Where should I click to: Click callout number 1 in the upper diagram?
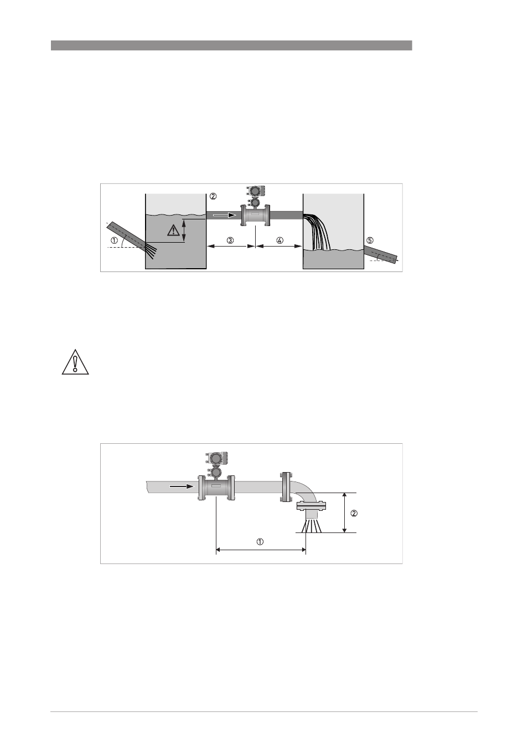pyautogui.click(x=114, y=240)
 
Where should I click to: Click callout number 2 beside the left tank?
pyautogui.click(x=213, y=196)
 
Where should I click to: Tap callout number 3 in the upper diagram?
pyautogui.click(x=230, y=240)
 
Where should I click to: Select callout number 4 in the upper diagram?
pyautogui.click(x=279, y=240)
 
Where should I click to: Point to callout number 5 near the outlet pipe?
pyautogui.click(x=370, y=240)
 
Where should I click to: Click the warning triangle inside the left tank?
pyautogui.click(x=173, y=230)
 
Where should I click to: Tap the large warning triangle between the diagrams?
pyautogui.click(x=75, y=362)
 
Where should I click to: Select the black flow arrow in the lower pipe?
pyautogui.click(x=182, y=486)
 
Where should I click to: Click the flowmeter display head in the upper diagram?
pyautogui.click(x=256, y=191)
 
